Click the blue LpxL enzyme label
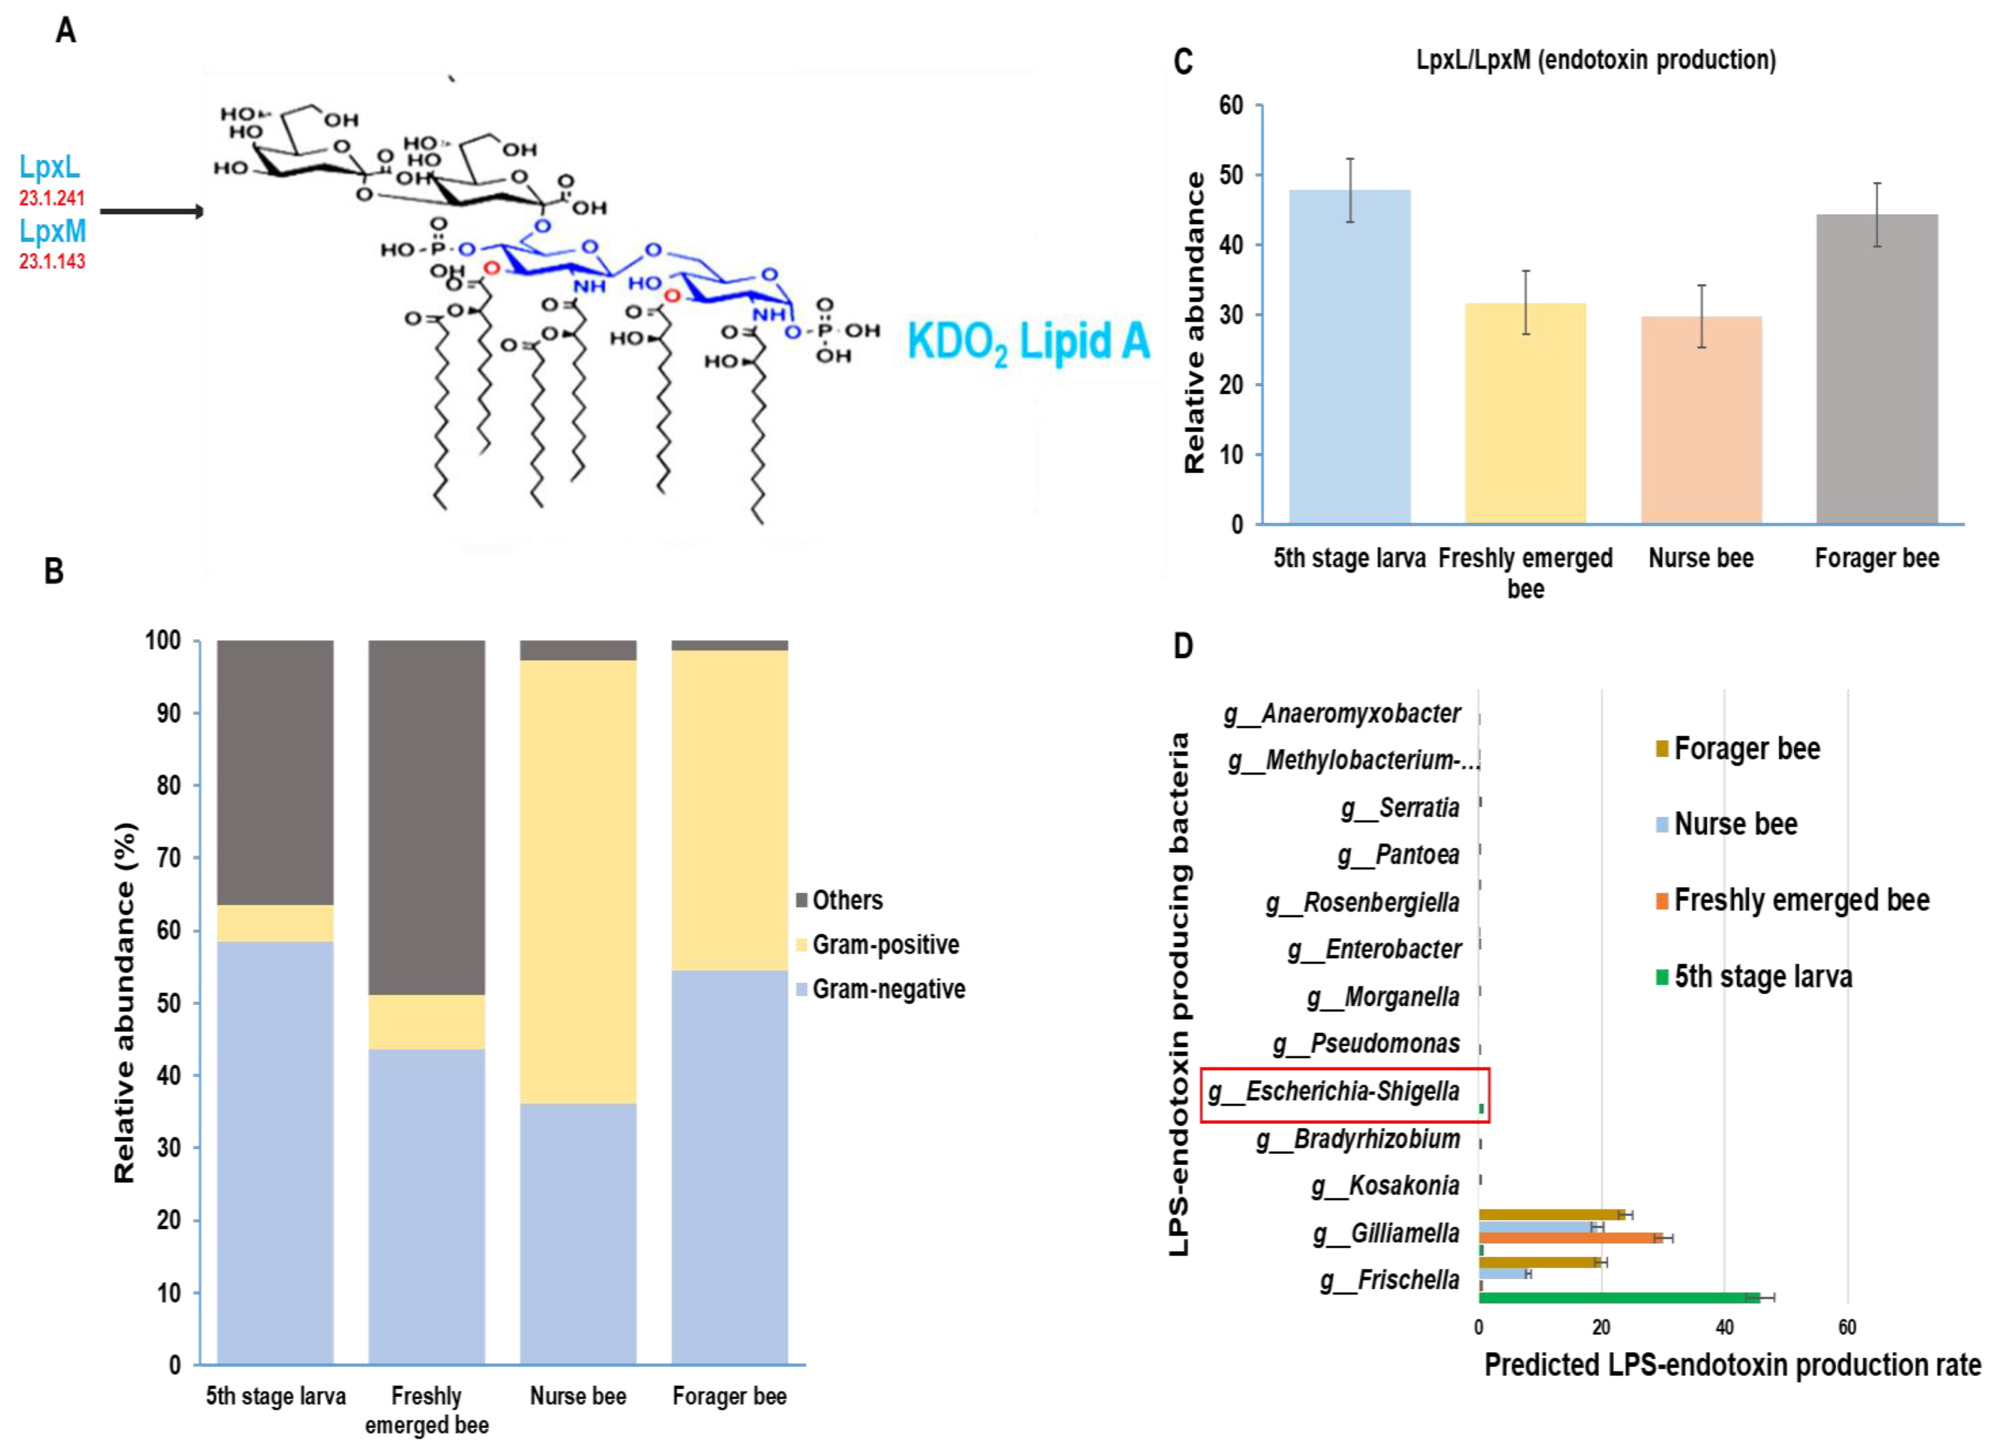click(x=49, y=167)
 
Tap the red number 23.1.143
click(x=52, y=261)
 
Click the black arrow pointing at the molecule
click(x=151, y=211)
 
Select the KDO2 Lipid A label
click(x=1027, y=342)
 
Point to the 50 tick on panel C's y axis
click(x=1231, y=175)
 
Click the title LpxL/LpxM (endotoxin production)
click(x=1595, y=60)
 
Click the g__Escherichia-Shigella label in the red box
click(x=1334, y=1092)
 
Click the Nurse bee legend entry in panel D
click(x=1734, y=824)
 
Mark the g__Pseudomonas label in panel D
click(x=1366, y=1044)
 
